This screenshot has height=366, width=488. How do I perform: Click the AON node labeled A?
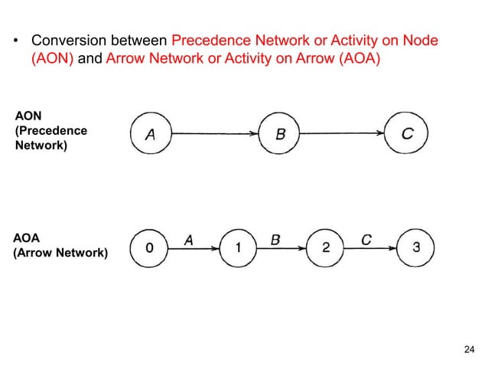point(151,134)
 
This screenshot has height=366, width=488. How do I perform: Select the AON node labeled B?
point(280,134)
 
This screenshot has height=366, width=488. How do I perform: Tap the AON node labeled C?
point(407,134)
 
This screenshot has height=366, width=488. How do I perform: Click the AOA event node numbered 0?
point(150,247)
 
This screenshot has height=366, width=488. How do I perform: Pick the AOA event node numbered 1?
point(239,247)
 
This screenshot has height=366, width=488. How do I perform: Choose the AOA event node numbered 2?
point(327,247)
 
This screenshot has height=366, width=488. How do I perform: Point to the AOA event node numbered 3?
point(415,247)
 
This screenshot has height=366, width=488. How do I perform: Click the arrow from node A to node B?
point(215,134)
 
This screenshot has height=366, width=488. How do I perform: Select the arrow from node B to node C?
point(343,134)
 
